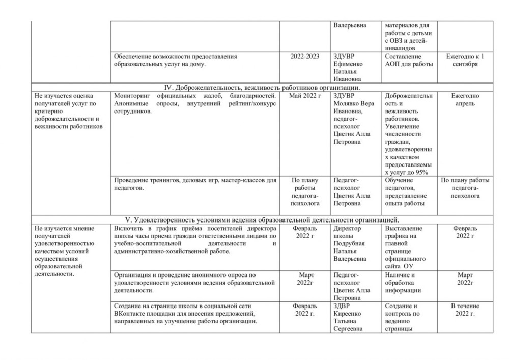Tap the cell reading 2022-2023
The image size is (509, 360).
(x=304, y=56)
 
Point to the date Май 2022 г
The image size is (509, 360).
(x=304, y=95)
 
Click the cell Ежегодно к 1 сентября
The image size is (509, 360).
(x=465, y=60)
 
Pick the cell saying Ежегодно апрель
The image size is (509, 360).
(x=465, y=99)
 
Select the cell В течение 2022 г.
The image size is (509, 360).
(x=465, y=309)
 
